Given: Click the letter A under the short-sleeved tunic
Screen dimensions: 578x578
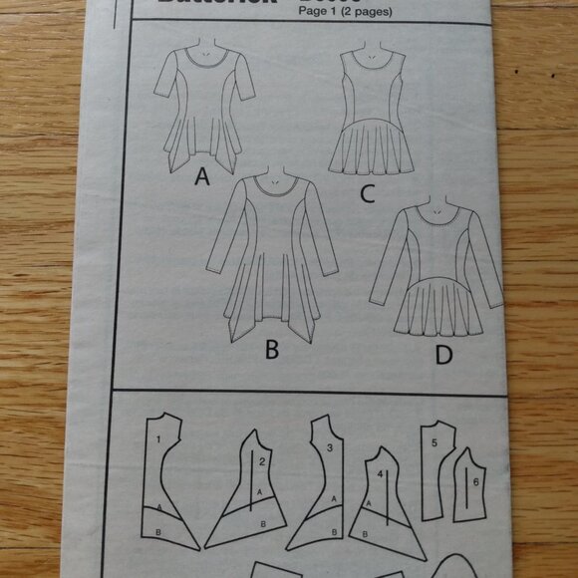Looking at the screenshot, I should click(202, 177).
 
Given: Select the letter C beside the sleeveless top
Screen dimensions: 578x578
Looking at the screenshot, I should click(367, 193).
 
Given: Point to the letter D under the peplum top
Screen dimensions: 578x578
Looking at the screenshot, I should click(442, 355).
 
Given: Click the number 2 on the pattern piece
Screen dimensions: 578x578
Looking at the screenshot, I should click(260, 461).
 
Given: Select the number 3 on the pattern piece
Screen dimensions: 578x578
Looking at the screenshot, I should click(328, 448).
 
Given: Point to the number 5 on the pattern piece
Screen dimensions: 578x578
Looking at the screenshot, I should click(434, 440).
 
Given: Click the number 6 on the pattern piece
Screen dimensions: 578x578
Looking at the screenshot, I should click(475, 482).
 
